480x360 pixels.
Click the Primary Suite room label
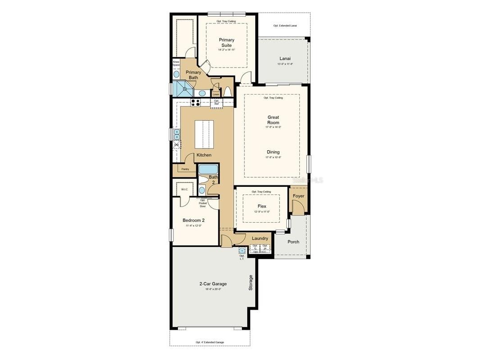pos(226,43)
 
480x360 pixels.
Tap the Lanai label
pos(285,58)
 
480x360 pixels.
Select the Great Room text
pos(273,120)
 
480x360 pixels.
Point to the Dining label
pos(273,152)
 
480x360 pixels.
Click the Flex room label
pos(262,207)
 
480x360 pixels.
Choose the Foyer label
pos(299,196)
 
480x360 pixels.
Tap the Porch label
pos(293,242)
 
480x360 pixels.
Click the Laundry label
pos(260,238)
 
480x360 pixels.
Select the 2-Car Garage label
pos(213,284)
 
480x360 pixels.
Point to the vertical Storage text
pos(251,283)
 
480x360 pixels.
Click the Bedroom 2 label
pos(194,220)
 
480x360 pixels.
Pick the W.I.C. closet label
pos(185,189)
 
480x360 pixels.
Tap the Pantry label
pos(185,169)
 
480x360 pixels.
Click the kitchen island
pos(204,134)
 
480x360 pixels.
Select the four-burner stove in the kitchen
pos(195,102)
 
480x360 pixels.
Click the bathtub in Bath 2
pos(208,169)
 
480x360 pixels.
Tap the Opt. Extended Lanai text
pos(285,26)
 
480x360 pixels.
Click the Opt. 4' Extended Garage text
pos(209,342)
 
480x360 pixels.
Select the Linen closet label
pos(216,94)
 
